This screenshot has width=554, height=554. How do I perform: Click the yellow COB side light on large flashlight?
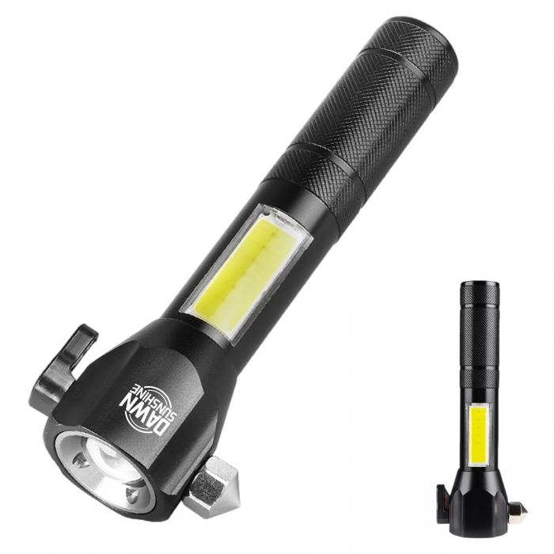(238, 268)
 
